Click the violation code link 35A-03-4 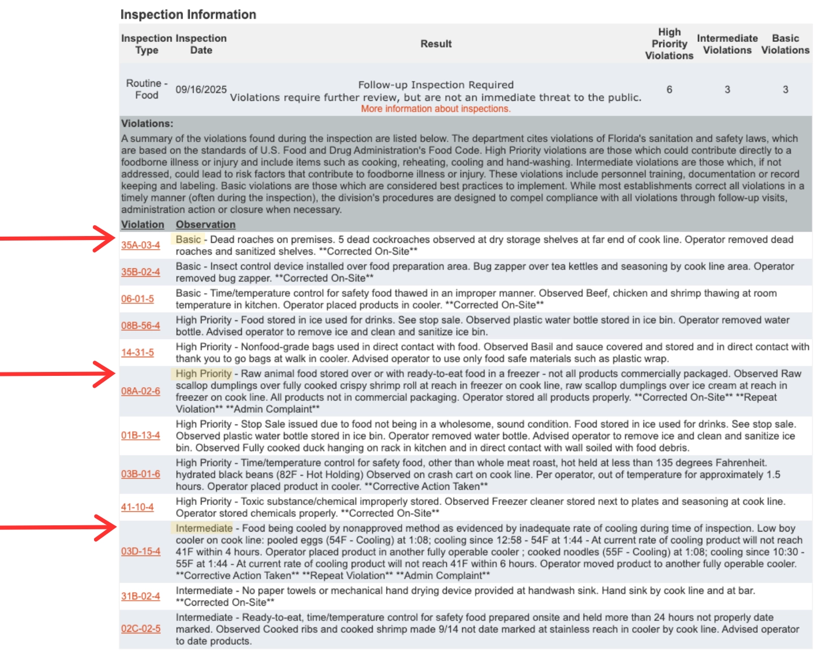tap(140, 245)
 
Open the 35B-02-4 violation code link tap(140, 272)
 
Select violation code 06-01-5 tap(137, 299)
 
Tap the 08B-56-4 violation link tap(140, 325)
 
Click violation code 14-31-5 tap(137, 352)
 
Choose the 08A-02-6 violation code tap(140, 391)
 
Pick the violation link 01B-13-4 tap(140, 435)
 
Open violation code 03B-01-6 tap(140, 474)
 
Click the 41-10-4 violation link tap(137, 507)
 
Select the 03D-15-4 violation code tap(140, 551)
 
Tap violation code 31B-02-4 tap(140, 596)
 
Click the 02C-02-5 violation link tap(140, 629)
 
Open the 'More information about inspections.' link tap(436, 109)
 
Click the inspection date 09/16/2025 tap(200, 89)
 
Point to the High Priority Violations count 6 tap(669, 89)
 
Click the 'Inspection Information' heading tap(188, 15)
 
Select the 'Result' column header tap(436, 44)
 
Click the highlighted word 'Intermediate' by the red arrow tap(204, 528)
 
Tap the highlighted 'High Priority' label tap(203, 374)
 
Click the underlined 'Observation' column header tap(205, 225)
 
